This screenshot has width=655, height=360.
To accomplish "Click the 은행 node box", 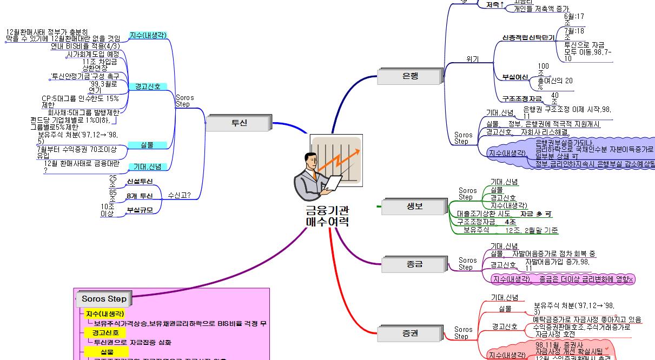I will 410,76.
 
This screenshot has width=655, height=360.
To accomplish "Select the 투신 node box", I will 239,123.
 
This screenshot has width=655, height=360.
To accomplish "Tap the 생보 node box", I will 414,206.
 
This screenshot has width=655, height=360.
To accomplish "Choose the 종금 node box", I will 414,264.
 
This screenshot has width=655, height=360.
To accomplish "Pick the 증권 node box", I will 410,334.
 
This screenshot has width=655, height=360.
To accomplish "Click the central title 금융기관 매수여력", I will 327,216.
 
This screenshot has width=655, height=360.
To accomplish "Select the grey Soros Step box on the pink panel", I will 104,298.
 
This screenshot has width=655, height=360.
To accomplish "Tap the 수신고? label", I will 179,196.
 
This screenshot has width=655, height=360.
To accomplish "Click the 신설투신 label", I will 140,182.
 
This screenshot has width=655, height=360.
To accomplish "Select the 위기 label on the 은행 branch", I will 472,59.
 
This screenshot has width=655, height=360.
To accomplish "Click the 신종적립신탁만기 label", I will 528,38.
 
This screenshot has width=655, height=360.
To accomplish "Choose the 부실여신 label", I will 515,77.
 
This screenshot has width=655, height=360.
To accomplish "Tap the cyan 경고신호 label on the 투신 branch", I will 147,86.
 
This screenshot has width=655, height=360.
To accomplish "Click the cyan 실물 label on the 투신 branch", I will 147,145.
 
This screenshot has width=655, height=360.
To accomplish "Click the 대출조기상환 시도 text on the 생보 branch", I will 484,214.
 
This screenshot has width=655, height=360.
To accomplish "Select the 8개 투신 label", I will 140,196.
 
